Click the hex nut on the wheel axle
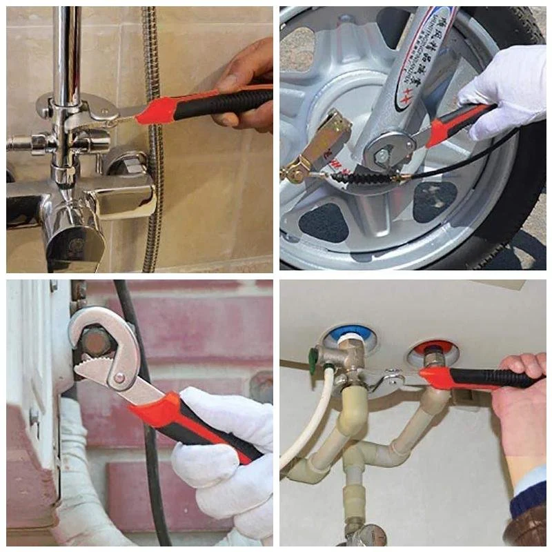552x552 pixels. [x=382, y=156]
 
